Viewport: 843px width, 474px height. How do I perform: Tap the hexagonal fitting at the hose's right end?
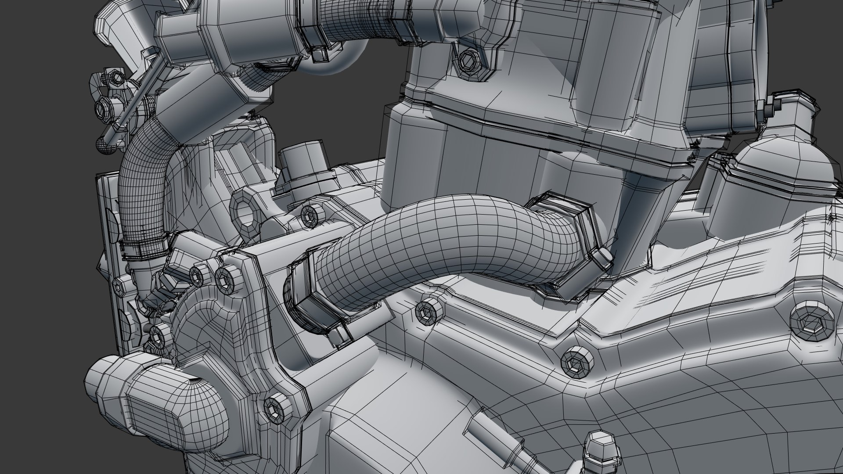[x=571, y=246]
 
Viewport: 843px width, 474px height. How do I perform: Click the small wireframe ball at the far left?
[x=106, y=145]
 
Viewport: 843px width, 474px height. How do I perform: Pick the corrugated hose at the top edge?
[x=347, y=18]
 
